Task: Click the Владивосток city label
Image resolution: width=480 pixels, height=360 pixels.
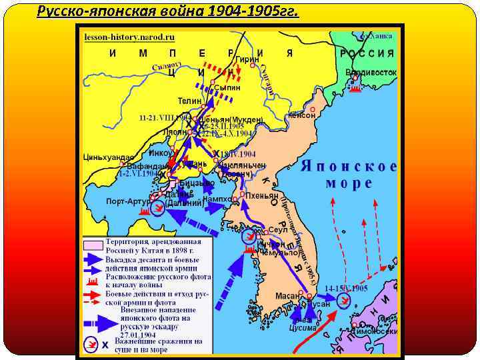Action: pyautogui.click(x=371, y=72)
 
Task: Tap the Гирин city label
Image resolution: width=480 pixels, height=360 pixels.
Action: pyautogui.click(x=247, y=59)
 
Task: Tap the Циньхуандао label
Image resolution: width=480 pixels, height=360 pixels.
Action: pyautogui.click(x=104, y=157)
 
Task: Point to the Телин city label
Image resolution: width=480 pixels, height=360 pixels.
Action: pyautogui.click(x=189, y=101)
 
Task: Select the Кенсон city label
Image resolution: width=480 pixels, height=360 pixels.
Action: pyautogui.click(x=301, y=115)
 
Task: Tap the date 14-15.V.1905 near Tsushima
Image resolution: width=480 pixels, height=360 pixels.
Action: pyautogui.click(x=346, y=288)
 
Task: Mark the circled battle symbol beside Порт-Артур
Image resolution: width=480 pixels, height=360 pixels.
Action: pyautogui.click(x=158, y=209)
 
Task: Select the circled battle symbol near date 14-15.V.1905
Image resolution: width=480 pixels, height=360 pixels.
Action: pyautogui.click(x=343, y=301)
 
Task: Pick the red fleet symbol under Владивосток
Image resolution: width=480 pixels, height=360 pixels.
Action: pyautogui.click(x=355, y=87)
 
